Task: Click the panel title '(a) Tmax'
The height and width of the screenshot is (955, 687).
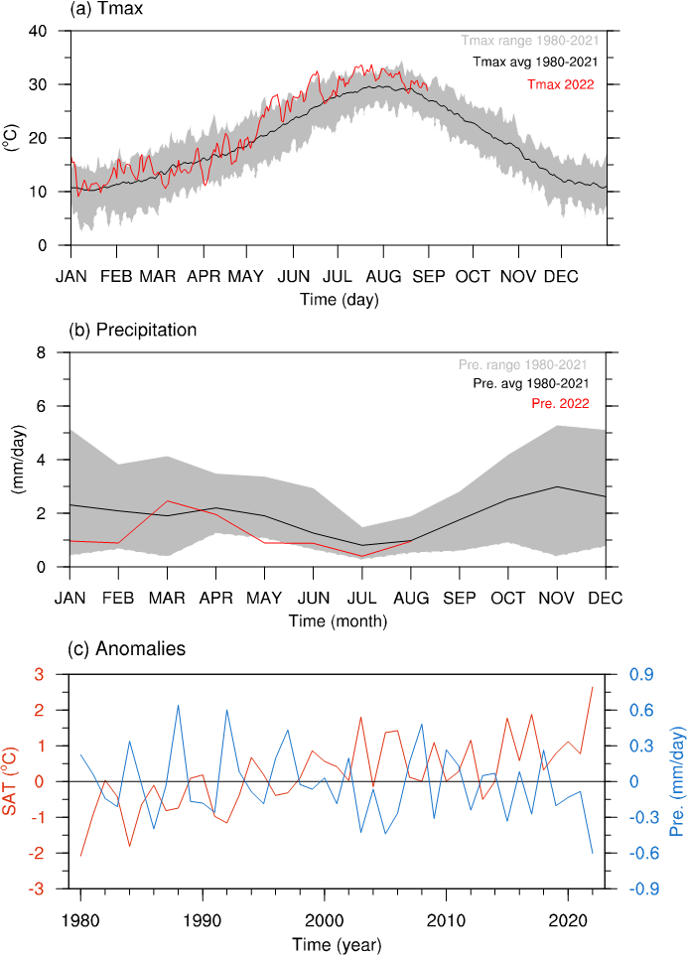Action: [107, 9]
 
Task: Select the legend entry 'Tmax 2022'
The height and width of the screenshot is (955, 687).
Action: [560, 84]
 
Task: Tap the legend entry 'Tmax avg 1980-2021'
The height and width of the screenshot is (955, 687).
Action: [535, 62]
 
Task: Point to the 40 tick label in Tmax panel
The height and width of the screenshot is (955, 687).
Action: [38, 31]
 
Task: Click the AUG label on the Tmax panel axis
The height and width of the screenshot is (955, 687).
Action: [383, 277]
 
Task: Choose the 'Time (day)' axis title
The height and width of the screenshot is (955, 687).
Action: [340, 300]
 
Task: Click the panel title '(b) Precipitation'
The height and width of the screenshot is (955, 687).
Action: [133, 331]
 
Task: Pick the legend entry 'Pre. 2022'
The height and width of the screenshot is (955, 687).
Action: [560, 403]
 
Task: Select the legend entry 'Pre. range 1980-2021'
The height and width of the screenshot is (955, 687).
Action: [522, 364]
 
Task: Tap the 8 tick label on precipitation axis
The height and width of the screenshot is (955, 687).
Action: [42, 352]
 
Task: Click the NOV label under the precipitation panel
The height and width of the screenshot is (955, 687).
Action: [556, 598]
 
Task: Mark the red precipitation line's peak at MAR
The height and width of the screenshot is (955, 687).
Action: [167, 501]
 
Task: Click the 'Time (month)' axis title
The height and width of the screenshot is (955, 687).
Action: [338, 621]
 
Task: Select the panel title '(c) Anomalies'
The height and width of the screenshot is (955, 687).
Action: [126, 648]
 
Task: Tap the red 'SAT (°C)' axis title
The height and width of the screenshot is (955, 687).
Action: [10, 781]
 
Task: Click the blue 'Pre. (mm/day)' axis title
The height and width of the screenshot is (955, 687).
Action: [677, 781]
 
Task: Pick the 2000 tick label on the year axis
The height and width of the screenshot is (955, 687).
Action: [324, 919]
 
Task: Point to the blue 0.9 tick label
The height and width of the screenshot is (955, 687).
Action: [641, 674]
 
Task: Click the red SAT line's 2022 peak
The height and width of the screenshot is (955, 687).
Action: [592, 687]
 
